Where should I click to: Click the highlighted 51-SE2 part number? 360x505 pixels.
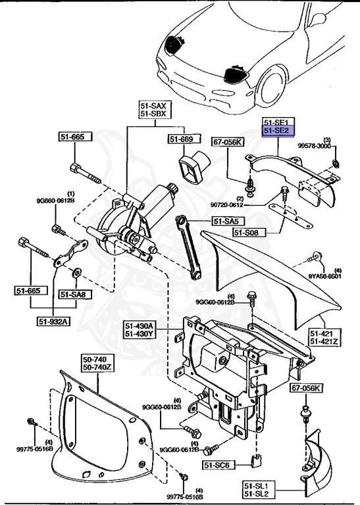(277, 132)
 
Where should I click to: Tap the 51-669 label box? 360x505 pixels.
(180, 139)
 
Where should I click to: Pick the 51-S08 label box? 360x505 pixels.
(251, 233)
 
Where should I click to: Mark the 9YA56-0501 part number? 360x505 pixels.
(328, 276)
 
